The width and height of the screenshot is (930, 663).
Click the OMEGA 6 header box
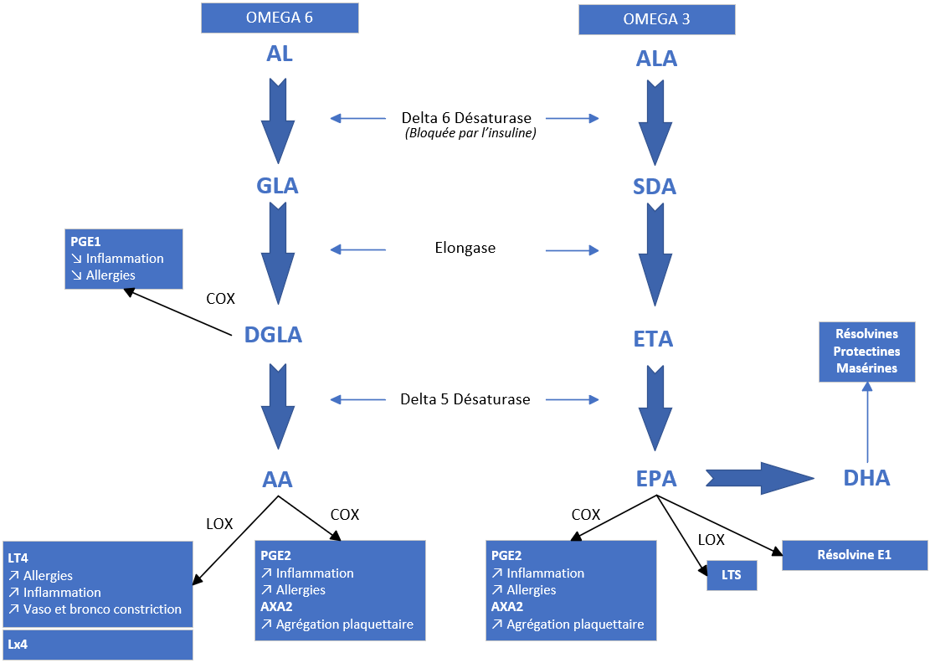pos(280,18)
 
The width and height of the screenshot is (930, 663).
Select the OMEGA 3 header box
pos(656,19)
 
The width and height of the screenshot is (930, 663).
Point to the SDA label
pos(655,186)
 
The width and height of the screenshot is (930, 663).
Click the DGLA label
pos(273,335)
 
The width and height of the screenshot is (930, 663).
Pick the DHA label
pos(866,478)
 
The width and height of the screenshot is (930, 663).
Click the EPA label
pos(655,479)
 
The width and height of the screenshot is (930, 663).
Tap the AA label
pos(277,480)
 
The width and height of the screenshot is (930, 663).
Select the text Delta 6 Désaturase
pos(465,118)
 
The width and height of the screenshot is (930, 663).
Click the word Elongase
pos(465,248)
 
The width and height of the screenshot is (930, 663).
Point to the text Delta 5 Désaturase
pos(465,399)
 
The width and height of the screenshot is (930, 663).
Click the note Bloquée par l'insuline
pos(470,133)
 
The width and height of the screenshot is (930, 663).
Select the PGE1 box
pos(123,259)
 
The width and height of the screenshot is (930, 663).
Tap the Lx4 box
pos(98,645)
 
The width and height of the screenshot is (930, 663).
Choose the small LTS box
pos(732,575)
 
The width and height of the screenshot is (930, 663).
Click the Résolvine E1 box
pos(854,555)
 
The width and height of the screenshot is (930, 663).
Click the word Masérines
pos(866,367)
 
